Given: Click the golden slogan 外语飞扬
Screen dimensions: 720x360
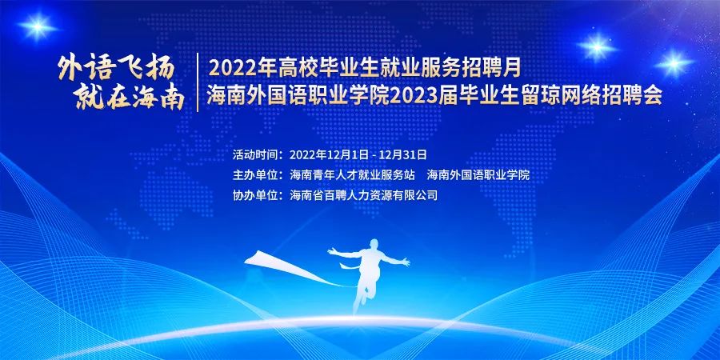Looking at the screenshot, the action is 117,70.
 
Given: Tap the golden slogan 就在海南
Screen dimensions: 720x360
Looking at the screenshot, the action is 130,98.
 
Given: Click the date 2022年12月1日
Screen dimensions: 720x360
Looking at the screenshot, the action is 330,154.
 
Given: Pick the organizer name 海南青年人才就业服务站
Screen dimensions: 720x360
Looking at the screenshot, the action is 353,175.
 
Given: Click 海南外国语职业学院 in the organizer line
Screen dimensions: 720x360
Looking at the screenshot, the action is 478,175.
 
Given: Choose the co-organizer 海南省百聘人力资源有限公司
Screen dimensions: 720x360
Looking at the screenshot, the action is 364,195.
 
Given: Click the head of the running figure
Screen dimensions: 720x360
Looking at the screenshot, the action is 374,243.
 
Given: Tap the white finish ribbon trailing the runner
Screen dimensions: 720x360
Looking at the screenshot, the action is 294,267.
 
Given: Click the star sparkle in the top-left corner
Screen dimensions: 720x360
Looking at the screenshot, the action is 37,27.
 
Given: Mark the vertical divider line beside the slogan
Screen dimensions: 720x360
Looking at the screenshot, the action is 198,82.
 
